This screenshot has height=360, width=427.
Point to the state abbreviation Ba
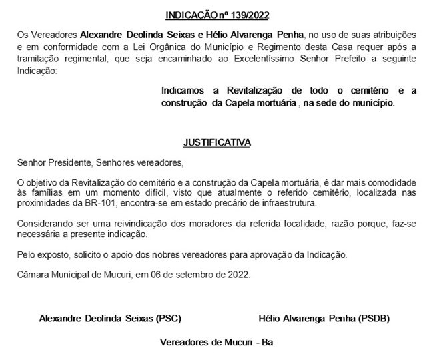268,343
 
